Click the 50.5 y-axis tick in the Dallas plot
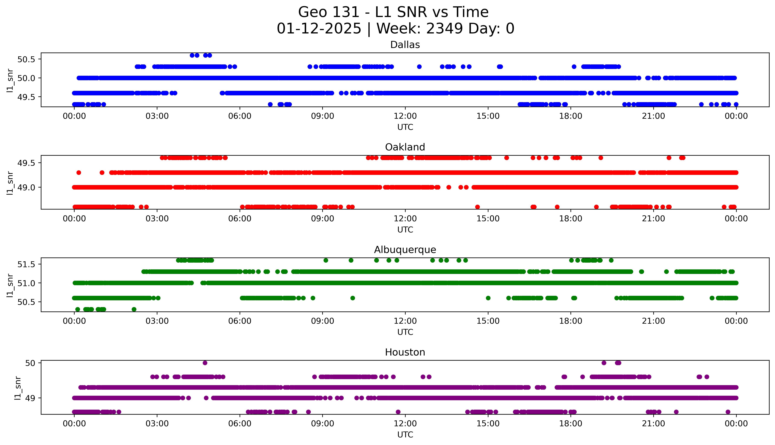tap(26, 59)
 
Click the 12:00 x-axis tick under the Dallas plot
tap(405, 116)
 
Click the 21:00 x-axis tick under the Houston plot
tap(653, 424)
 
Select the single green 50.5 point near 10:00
tap(352, 298)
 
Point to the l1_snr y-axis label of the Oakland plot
tap(10, 183)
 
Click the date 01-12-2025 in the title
tap(319, 29)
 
